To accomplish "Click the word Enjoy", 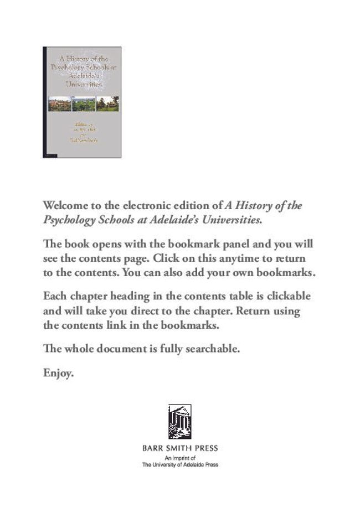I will pyautogui.click(x=58, y=375).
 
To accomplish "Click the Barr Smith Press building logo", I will pyautogui.click(x=179, y=422).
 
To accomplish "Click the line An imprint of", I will pyautogui.click(x=179, y=459).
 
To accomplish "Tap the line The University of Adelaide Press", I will pyautogui.click(x=179, y=465).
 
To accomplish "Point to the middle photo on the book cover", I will pyautogui.click(x=83, y=104).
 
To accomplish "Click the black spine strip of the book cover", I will pyautogui.click(x=44, y=102).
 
